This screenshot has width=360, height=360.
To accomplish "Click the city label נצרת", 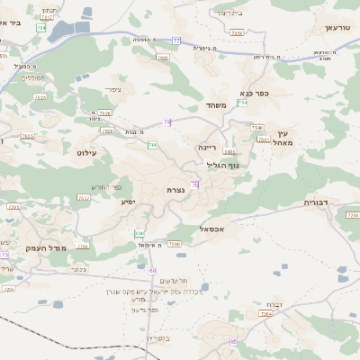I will coord(175,190).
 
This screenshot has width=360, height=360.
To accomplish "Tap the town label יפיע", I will coord(128,202).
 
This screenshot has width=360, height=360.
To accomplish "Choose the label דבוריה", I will coord(317,203).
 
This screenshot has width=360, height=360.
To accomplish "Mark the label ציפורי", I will coord(113,89).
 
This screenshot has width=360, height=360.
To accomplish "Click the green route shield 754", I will coord(242,103).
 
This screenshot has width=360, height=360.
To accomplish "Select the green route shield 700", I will coord(153,144).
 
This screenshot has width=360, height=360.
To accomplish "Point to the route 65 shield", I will coord(233,341).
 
